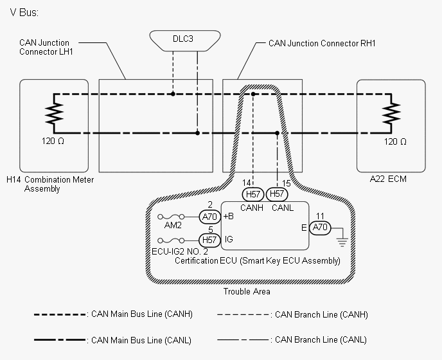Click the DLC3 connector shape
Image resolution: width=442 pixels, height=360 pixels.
click(x=185, y=41)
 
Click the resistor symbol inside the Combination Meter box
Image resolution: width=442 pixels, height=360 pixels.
click(x=54, y=113)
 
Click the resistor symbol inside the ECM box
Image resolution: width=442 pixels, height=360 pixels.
click(x=391, y=113)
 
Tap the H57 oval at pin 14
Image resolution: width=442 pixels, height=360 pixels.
click(x=253, y=194)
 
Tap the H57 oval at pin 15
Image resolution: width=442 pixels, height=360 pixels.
click(x=277, y=194)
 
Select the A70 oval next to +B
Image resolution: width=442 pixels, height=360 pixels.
click(x=209, y=217)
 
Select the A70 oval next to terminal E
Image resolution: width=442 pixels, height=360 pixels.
click(x=320, y=227)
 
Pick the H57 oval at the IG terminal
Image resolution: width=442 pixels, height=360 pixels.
click(x=209, y=240)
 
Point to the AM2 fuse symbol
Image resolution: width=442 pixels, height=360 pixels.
click(x=171, y=217)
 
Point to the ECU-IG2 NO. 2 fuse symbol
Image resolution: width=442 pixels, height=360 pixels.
click(x=171, y=240)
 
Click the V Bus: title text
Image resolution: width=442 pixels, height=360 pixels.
click(x=24, y=13)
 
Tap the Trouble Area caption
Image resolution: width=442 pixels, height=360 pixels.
click(x=247, y=291)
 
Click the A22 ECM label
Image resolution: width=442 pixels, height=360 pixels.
click(x=388, y=179)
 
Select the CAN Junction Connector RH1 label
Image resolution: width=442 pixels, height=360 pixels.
click(x=322, y=44)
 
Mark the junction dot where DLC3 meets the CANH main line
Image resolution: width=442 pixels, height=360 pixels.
click(x=173, y=94)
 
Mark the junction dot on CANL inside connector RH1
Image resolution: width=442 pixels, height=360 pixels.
click(x=277, y=133)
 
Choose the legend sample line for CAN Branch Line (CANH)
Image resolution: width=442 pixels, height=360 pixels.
click(x=243, y=314)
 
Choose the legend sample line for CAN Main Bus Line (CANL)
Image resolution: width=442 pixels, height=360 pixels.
click(x=60, y=340)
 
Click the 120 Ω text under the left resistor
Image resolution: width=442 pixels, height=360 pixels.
click(x=53, y=141)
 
